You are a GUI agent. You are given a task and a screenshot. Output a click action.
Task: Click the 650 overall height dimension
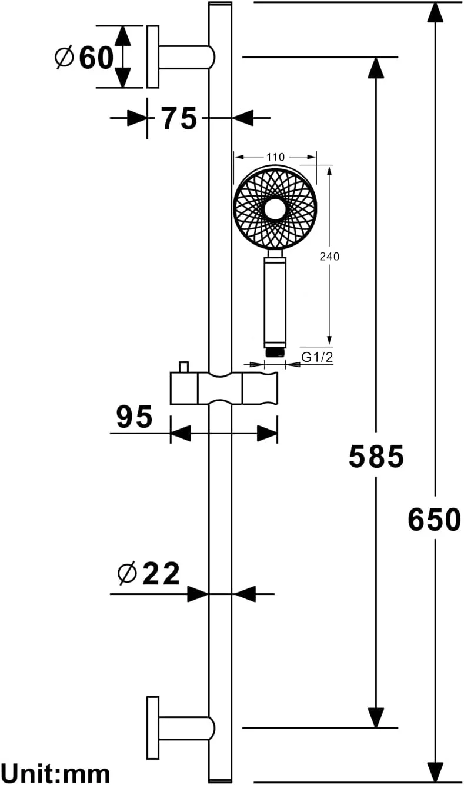tap(434, 520)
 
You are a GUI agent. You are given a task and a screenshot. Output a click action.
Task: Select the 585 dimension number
tap(376, 457)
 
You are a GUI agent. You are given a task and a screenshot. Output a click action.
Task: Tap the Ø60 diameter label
tap(85, 58)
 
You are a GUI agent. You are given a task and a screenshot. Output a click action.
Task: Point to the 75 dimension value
tap(179, 118)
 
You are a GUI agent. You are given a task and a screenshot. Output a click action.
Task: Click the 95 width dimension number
tap(135, 417)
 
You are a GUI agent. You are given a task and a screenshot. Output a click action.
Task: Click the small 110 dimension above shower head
tap(275, 157)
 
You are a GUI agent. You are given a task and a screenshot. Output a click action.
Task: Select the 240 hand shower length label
tap(329, 257)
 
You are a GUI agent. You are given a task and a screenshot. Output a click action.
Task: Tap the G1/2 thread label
tap(317, 357)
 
